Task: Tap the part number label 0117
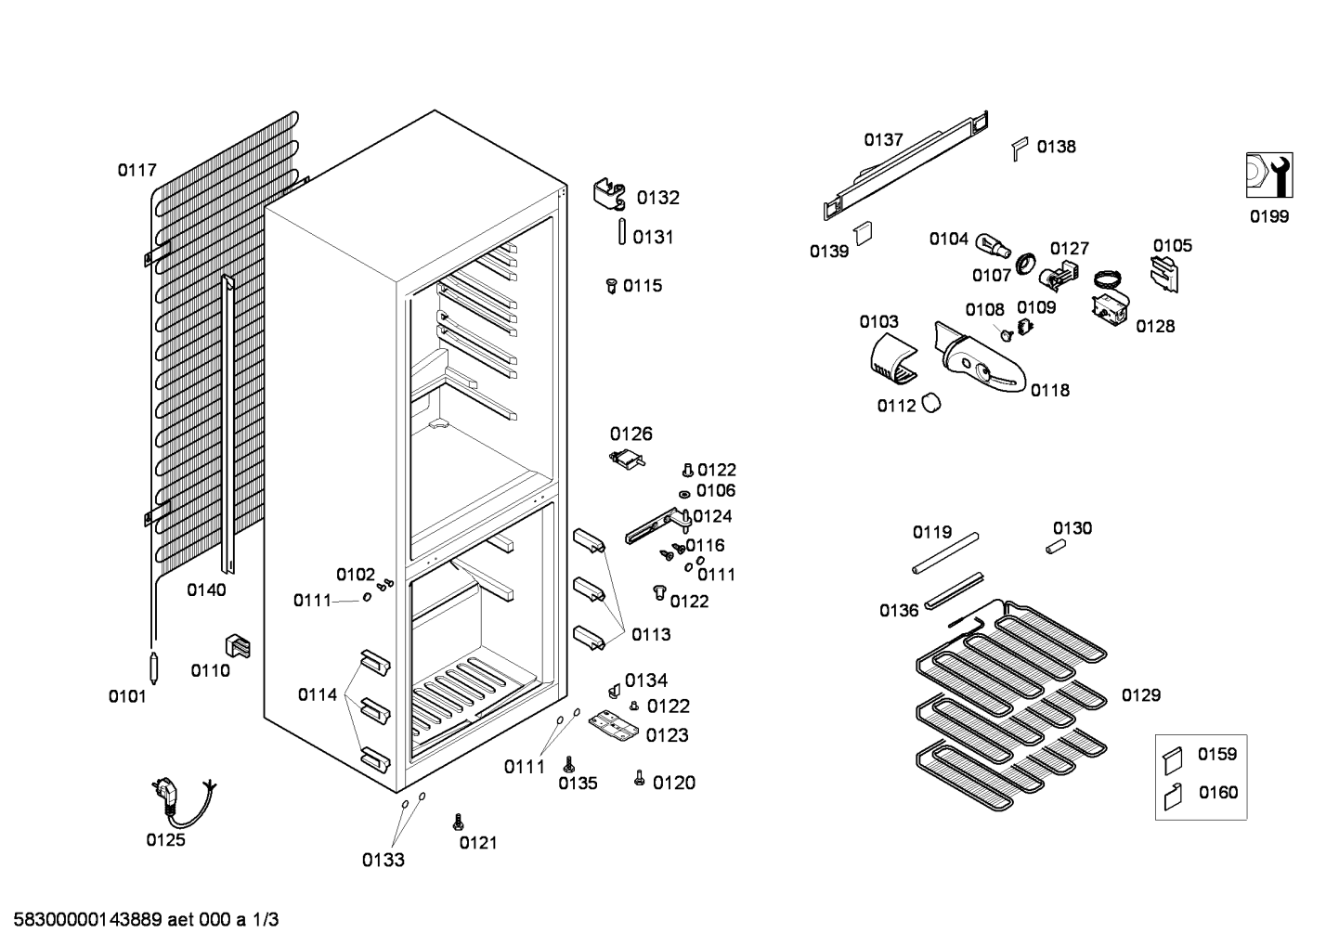click(x=136, y=170)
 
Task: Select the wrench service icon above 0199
click(x=1269, y=175)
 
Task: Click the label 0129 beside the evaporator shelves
click(x=1140, y=695)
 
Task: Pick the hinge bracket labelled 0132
click(x=609, y=195)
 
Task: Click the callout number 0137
click(x=883, y=140)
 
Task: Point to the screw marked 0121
click(x=457, y=822)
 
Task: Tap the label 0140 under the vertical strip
click(x=206, y=590)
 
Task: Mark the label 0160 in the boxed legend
click(x=1217, y=793)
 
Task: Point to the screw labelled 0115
click(x=611, y=286)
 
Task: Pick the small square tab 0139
click(x=864, y=231)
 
